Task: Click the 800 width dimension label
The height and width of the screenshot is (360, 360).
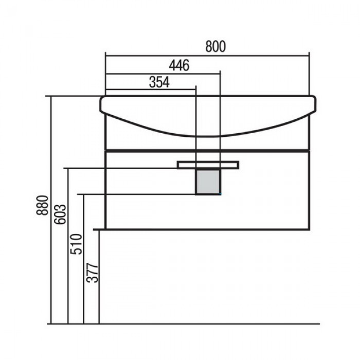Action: (x=215, y=46)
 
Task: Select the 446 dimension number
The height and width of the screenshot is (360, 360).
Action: (x=179, y=65)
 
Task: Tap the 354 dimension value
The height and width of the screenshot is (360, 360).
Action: (x=159, y=82)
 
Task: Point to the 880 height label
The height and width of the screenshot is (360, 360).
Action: (x=42, y=205)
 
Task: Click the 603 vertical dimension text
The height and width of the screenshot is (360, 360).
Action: (x=60, y=214)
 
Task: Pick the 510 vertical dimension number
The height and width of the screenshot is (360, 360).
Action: (x=76, y=244)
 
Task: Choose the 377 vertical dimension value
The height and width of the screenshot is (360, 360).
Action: (x=92, y=273)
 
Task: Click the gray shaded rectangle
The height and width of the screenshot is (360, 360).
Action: (x=208, y=182)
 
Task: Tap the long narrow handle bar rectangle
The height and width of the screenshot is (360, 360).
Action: (x=208, y=165)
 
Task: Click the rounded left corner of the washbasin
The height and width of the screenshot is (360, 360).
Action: (x=101, y=99)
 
